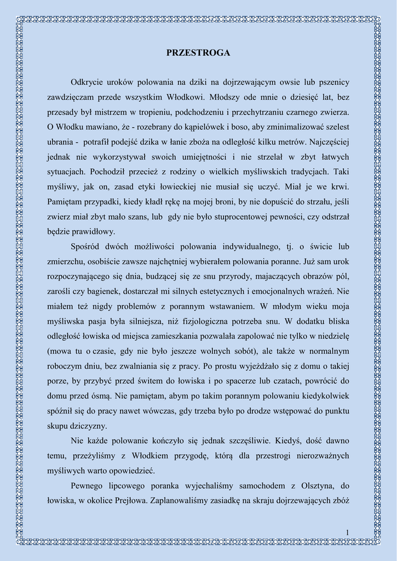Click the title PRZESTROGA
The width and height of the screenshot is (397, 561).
[198, 53]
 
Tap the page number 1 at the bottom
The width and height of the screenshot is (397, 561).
[347, 532]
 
